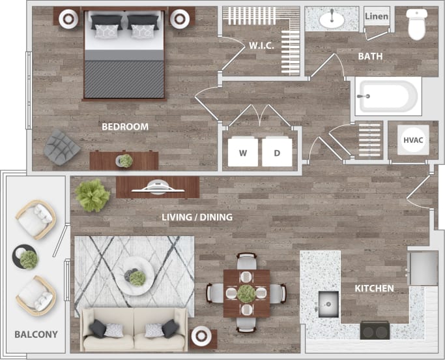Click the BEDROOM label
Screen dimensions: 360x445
pyautogui.click(x=125, y=127)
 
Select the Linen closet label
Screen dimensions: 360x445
pyautogui.click(x=377, y=16)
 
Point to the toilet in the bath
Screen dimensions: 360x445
pyautogui.click(x=416, y=24)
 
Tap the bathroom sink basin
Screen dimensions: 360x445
pyautogui.click(x=332, y=19)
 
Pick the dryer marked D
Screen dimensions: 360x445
pyautogui.click(x=276, y=153)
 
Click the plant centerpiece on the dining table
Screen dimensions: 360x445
pyautogui.click(x=246, y=293)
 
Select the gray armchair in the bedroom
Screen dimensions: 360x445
pyautogui.click(x=62, y=147)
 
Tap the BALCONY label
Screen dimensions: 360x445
pyautogui.click(x=36, y=335)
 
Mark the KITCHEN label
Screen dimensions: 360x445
pyautogui.click(x=374, y=288)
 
